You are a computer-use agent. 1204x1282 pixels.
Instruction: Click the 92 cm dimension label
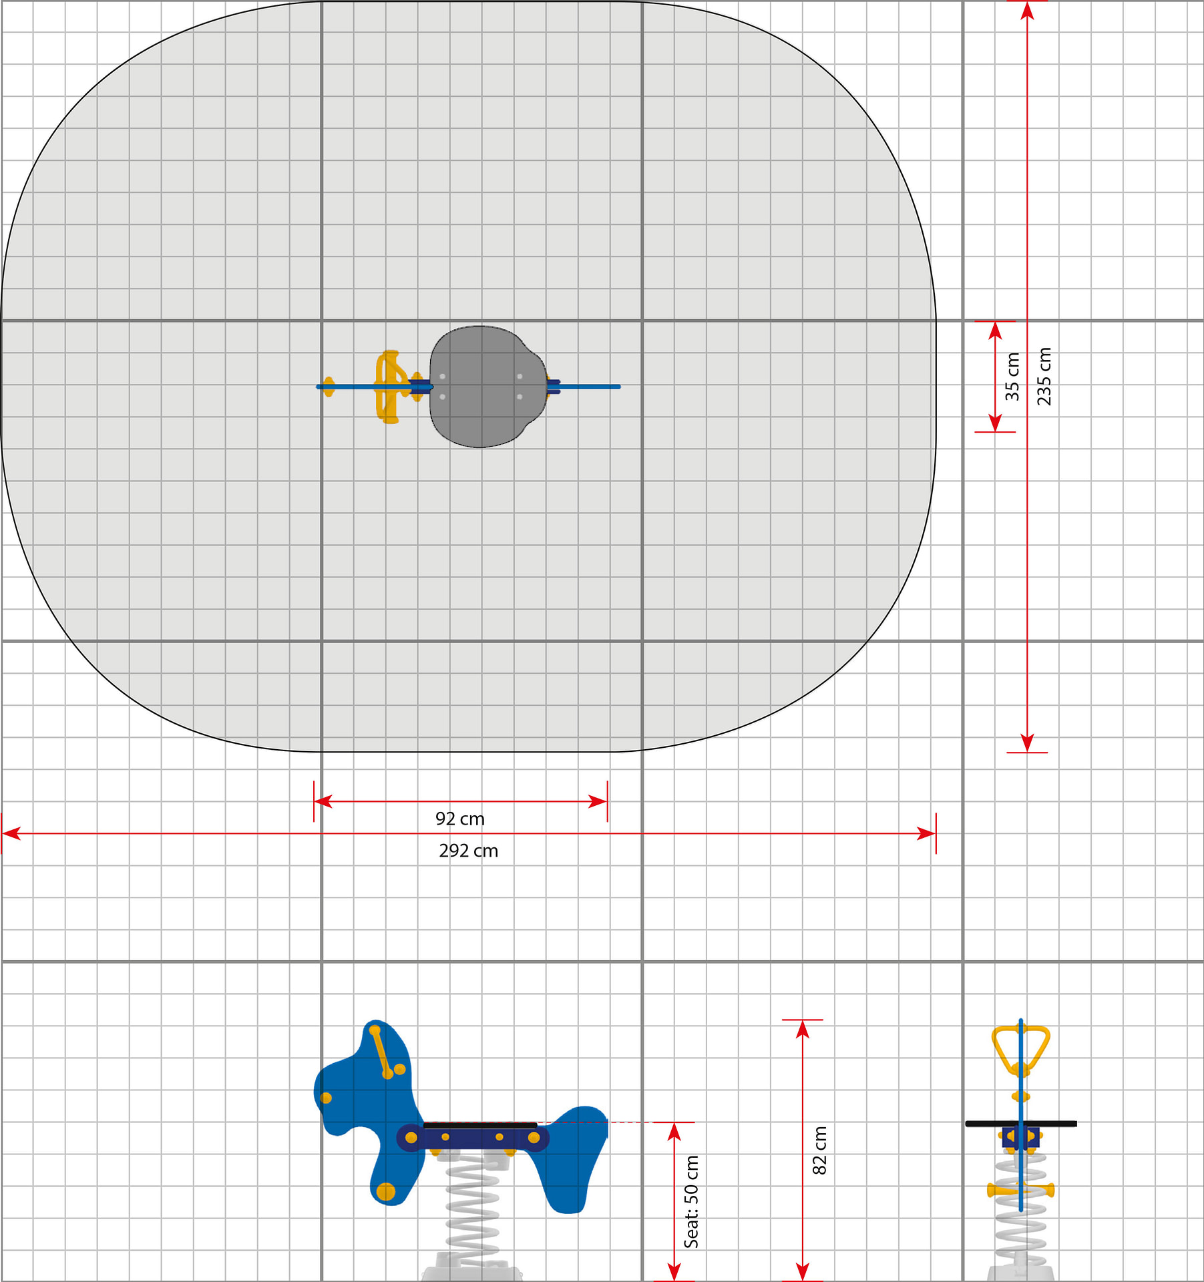pos(459,819)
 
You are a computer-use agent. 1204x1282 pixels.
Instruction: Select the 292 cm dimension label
pos(468,851)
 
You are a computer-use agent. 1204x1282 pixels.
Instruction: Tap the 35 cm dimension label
pos(1012,377)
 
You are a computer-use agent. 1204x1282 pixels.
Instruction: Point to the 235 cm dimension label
pos(1044,376)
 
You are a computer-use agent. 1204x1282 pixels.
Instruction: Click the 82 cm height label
pos(819,1150)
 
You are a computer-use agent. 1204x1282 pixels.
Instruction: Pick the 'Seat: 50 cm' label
pos(691,1202)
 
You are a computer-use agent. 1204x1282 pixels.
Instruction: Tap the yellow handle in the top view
pos(391,387)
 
